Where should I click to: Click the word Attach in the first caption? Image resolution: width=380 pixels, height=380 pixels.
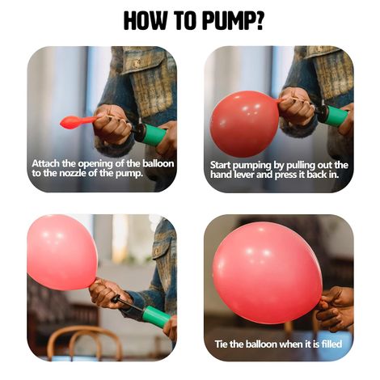[49, 163]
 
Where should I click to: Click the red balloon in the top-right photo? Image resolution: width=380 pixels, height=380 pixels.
[244, 123]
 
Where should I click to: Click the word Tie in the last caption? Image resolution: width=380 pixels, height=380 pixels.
[222, 344]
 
